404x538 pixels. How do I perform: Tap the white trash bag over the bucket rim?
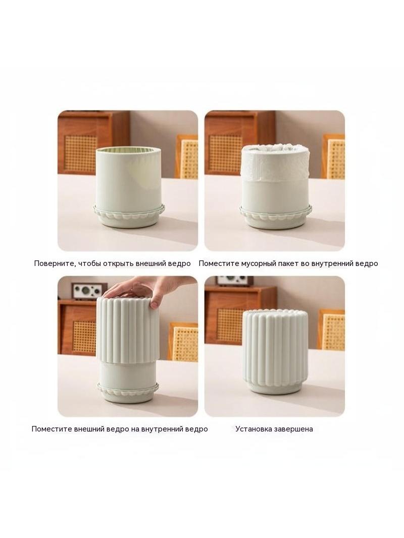click(275, 162)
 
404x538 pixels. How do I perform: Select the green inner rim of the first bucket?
click(128, 151)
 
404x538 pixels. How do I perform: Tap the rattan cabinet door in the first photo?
click(80, 153)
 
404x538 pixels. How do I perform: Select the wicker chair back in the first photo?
click(187, 156)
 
